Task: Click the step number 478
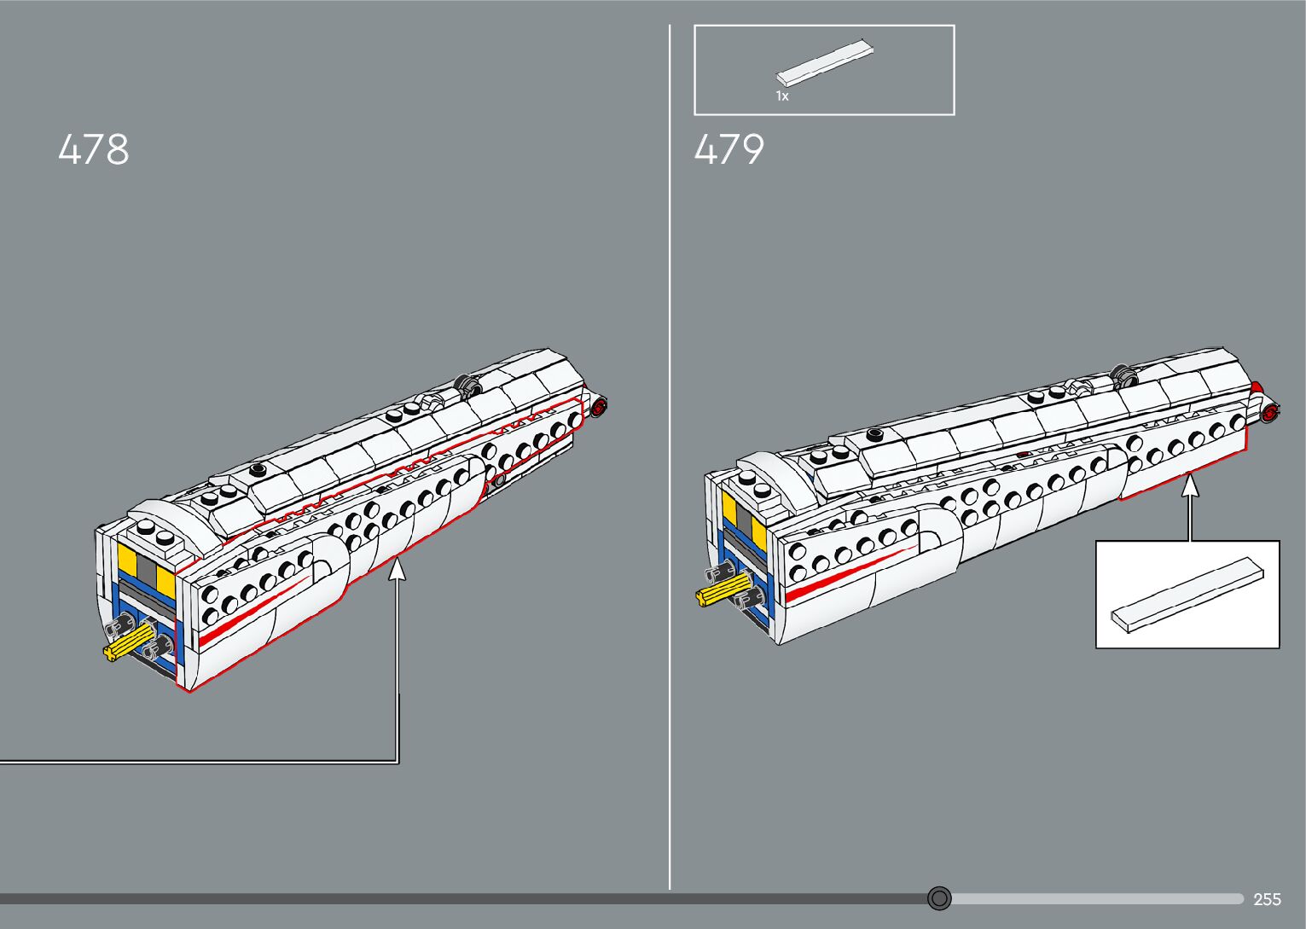click(x=94, y=150)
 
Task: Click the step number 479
click(x=729, y=150)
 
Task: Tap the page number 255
click(x=1267, y=899)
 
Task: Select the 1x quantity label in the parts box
click(x=781, y=96)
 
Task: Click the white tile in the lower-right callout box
click(x=1187, y=595)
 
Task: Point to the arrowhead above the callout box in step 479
click(x=1189, y=485)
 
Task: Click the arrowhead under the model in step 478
click(x=397, y=567)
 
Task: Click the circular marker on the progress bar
click(x=939, y=898)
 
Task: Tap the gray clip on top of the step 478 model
click(x=467, y=385)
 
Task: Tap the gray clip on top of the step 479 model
click(x=1125, y=374)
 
